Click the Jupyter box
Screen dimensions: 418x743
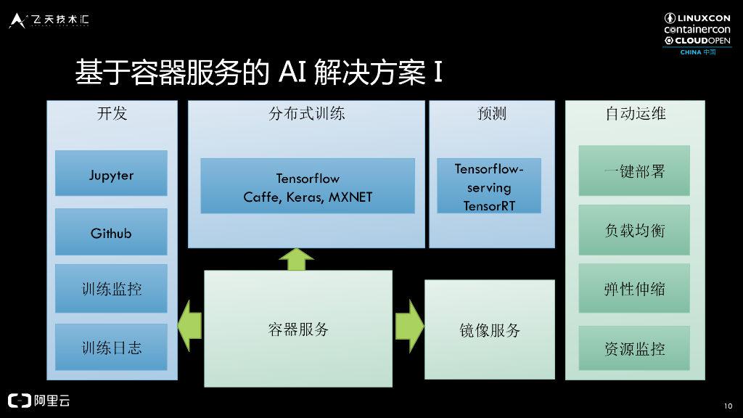[111, 173]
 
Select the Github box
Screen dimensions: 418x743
[111, 232]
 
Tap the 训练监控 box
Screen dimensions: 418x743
[111, 289]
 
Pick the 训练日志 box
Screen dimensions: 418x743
[111, 347]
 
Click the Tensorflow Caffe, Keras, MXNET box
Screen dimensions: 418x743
[308, 187]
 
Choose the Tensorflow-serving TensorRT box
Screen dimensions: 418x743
[489, 187]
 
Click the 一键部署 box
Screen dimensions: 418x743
[634, 171]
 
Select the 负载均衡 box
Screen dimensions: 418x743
[634, 230]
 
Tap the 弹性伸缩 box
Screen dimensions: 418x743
[634, 289]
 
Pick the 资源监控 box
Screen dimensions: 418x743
[634, 348]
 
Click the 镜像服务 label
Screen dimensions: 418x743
[490, 330]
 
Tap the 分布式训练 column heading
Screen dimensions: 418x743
[307, 113]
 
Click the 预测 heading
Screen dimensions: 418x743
[492, 113]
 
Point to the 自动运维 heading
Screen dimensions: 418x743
[636, 113]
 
